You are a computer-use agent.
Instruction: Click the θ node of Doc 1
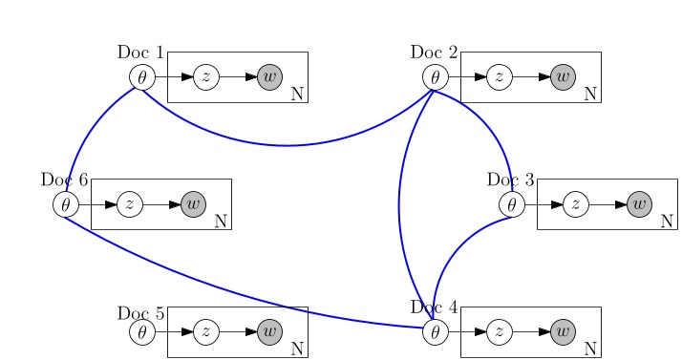(142, 76)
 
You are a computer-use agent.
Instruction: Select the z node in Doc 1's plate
(206, 76)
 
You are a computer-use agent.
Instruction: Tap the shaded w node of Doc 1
(270, 76)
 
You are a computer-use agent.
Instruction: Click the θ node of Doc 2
(436, 76)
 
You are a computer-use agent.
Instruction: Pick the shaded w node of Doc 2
(564, 76)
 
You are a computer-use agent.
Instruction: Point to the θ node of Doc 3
(512, 203)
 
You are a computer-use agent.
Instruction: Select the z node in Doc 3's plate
(576, 203)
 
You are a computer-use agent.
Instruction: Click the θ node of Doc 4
(436, 331)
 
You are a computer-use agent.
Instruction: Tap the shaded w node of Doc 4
(564, 331)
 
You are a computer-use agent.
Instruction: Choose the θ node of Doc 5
(142, 331)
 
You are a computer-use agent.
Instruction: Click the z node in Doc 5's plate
(206, 331)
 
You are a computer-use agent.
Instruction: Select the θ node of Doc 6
(66, 203)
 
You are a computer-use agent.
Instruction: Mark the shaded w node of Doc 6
(194, 203)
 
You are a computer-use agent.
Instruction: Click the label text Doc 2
(435, 52)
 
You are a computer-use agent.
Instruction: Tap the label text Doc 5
(141, 313)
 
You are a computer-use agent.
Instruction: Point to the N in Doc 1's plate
(297, 94)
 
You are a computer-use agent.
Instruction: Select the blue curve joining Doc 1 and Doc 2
(287, 145)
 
